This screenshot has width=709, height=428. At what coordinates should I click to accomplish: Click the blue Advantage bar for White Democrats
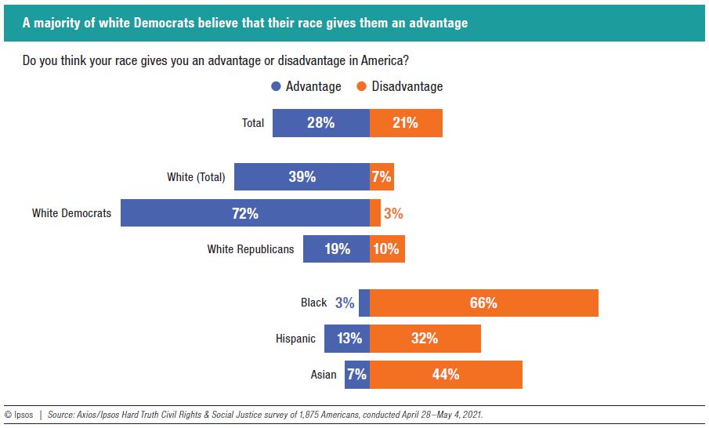point(244,212)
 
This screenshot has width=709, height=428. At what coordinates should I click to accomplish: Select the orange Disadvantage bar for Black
point(483,303)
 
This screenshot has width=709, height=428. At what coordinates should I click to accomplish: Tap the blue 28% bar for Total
point(320,123)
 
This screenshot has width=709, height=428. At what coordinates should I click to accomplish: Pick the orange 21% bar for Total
point(406,123)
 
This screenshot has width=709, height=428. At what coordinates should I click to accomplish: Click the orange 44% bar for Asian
point(446,375)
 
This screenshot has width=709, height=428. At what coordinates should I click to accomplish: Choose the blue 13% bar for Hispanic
point(349,339)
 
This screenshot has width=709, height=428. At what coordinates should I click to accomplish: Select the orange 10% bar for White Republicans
point(387,249)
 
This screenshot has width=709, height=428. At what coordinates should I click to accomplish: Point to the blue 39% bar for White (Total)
point(302,177)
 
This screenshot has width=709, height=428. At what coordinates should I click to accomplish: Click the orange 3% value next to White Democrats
point(393,213)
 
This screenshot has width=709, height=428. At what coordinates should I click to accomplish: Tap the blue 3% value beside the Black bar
point(345,303)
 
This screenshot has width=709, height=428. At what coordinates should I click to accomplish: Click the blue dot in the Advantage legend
point(276,87)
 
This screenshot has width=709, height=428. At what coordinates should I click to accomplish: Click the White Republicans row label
point(251,249)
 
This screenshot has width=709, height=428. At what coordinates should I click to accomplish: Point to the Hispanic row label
point(295,339)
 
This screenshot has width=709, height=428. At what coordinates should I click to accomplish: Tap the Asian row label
point(324,375)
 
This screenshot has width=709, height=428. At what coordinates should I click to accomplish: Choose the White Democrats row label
point(71,213)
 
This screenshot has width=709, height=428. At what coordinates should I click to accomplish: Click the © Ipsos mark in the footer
point(19,415)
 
